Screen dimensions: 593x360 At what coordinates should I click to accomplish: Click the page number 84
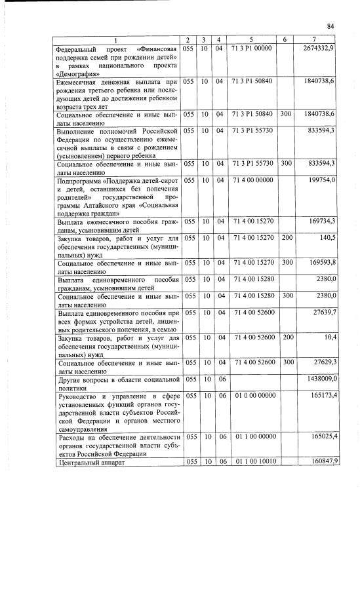click(330, 26)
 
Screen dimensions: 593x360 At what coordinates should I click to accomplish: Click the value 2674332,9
click(319, 48)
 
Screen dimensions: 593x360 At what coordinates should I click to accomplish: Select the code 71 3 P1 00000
click(251, 48)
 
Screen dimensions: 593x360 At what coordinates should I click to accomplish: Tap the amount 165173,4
click(321, 396)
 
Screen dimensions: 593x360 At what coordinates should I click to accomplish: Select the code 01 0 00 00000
click(250, 396)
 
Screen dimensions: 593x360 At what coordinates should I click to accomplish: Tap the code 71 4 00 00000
click(250, 180)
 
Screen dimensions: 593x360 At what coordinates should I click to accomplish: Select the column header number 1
click(116, 40)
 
